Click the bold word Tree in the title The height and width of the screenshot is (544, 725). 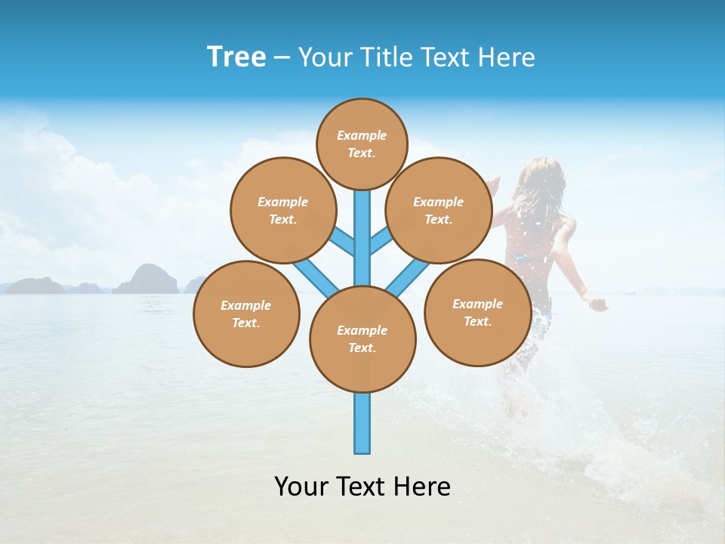(x=236, y=57)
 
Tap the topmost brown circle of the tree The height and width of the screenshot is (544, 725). (x=362, y=144)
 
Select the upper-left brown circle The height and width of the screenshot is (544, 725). (x=282, y=210)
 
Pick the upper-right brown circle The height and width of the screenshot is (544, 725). (x=438, y=210)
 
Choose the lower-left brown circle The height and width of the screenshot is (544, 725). (x=246, y=314)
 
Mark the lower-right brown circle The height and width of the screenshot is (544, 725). (x=477, y=312)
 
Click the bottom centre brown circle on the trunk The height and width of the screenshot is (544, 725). (x=362, y=339)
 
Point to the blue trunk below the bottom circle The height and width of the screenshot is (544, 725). (x=362, y=423)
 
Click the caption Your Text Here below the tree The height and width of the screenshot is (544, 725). (x=362, y=486)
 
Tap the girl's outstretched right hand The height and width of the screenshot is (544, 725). (x=598, y=304)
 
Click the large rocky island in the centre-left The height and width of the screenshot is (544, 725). (x=147, y=279)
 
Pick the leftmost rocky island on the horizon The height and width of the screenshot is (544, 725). (x=34, y=286)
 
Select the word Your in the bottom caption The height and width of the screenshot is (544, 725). (x=301, y=486)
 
